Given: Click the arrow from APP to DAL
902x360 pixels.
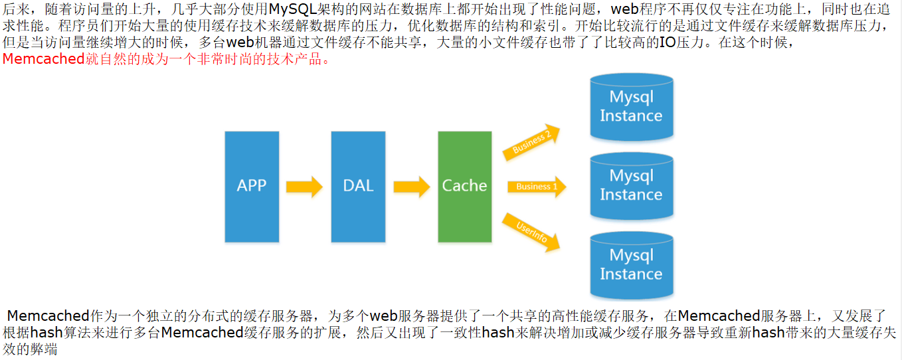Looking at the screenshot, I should [304, 186].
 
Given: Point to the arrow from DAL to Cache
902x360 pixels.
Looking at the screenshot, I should [411, 186].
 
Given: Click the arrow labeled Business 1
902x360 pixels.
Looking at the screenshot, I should [536, 187].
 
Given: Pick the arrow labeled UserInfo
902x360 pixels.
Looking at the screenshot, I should [531, 232].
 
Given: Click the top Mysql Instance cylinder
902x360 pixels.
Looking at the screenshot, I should [631, 107].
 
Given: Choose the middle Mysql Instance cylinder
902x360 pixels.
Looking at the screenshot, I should [631, 186].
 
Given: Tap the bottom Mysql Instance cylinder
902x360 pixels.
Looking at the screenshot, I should [631, 265].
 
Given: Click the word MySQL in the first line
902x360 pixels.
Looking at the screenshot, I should [296, 10].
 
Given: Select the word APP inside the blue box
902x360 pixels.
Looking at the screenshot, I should [252, 185].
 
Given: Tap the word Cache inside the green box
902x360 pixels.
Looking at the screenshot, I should [464, 185].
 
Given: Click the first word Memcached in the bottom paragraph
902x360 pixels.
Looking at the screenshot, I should [48, 316].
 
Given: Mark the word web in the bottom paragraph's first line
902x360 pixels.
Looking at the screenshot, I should [383, 316].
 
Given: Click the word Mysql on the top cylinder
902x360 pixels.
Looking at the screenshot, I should [631, 97].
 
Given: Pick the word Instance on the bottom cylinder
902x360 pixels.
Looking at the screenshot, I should [631, 274].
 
